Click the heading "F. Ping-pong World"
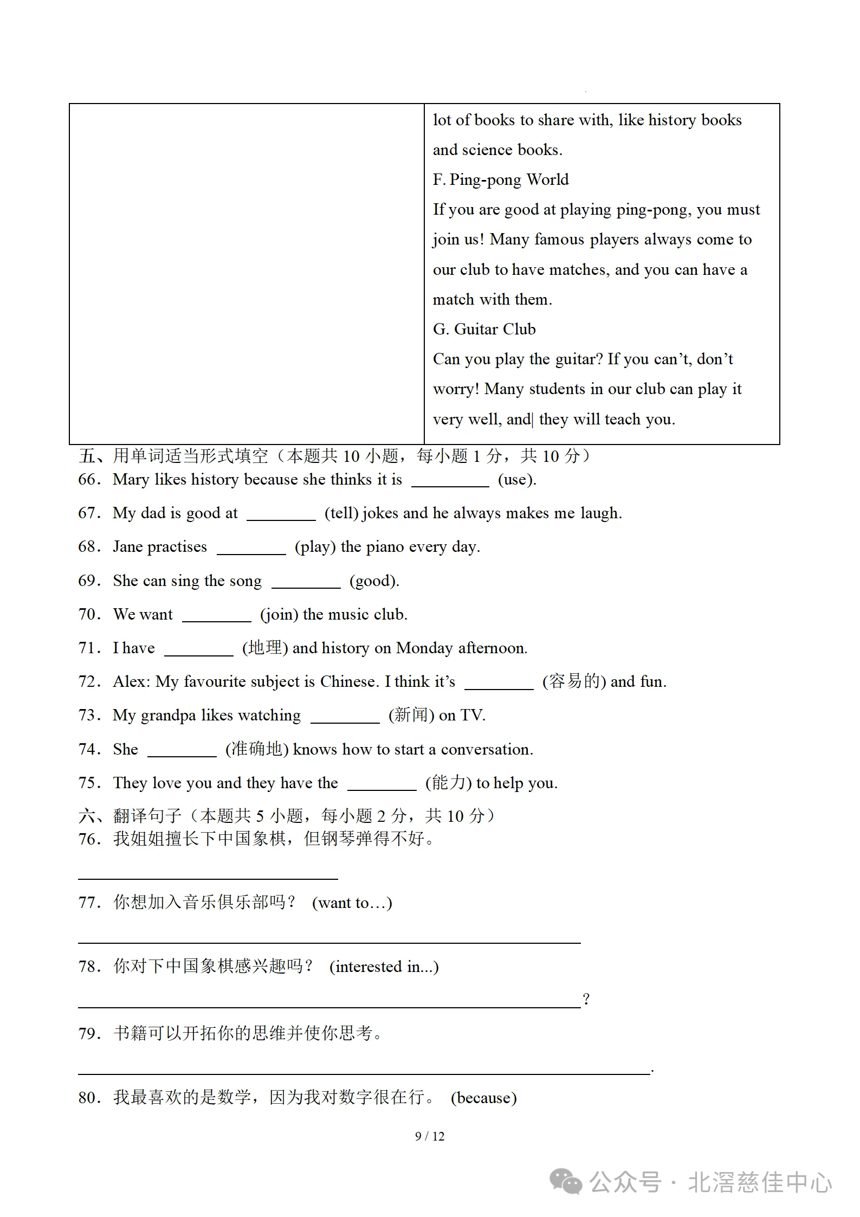[x=500, y=179]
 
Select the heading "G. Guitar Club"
[x=484, y=329]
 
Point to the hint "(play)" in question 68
[x=315, y=546]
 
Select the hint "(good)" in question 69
[x=374, y=581]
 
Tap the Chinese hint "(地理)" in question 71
[x=264, y=648]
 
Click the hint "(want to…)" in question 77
[x=352, y=903]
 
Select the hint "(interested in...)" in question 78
[x=384, y=967]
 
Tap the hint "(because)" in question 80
[x=483, y=1098]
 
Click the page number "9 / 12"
[x=429, y=1136]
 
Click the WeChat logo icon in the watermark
[x=565, y=1182]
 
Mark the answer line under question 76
[x=208, y=878]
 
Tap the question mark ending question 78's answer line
[x=586, y=999]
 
